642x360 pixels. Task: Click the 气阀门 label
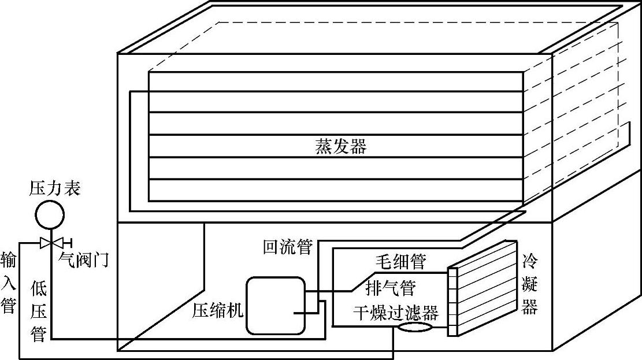click(x=84, y=261)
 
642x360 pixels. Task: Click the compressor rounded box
click(x=276, y=305)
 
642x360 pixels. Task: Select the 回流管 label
click(x=287, y=247)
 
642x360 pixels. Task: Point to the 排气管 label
click(x=391, y=287)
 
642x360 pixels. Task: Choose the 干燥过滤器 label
click(x=396, y=313)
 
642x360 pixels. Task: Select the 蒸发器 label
click(x=340, y=146)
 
